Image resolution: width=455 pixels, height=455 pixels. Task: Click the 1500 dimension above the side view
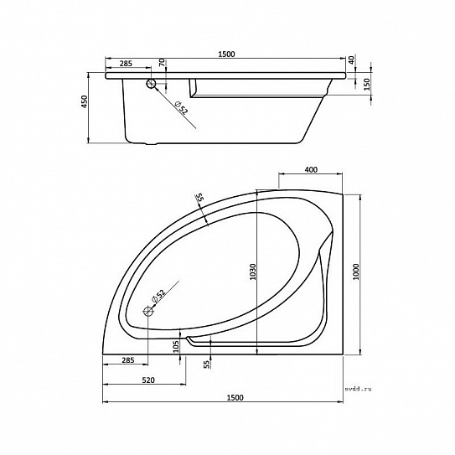tap(226, 54)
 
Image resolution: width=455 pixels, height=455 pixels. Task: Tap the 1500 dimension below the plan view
tap(235, 397)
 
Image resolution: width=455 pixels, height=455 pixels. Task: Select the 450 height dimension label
tap(84, 101)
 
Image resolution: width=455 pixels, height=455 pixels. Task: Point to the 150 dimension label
tap(367, 85)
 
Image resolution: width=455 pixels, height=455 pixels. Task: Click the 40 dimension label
tap(351, 60)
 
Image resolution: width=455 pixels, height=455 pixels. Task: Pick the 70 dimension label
tap(162, 63)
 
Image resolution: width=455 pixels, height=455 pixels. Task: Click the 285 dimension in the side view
tap(126, 63)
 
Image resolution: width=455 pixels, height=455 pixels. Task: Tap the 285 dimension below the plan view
tap(128, 360)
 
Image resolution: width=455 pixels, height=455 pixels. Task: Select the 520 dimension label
tap(148, 380)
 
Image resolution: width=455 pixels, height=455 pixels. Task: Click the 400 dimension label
tap(312, 169)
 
